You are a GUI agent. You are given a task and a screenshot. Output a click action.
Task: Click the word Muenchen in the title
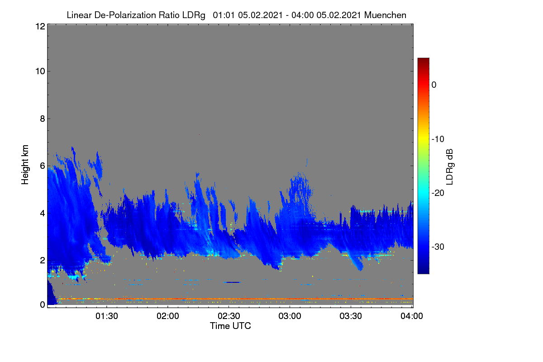[385, 15]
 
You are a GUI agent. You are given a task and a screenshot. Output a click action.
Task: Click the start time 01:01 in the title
[224, 15]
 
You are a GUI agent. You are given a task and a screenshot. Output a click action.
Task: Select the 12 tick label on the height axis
[40, 26]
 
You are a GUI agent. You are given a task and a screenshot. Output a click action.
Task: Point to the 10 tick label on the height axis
[40, 71]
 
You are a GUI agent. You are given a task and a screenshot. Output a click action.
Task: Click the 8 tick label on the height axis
[43, 119]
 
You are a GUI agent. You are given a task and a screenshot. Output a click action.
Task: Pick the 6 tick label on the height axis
[43, 166]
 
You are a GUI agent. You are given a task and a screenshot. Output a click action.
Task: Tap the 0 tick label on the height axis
[43, 305]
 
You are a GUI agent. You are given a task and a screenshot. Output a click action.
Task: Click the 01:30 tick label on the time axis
[107, 316]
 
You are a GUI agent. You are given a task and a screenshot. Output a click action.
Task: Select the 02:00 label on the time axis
[168, 316]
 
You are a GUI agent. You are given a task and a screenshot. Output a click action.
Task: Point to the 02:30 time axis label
[229, 316]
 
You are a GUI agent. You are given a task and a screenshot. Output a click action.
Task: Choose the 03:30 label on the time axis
[351, 316]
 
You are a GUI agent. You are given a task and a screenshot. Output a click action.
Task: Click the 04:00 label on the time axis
[412, 316]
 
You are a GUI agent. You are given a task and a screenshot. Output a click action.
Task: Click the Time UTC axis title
[230, 326]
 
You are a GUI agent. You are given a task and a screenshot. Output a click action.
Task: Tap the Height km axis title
[25, 165]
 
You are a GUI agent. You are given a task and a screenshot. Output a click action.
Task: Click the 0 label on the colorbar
[434, 85]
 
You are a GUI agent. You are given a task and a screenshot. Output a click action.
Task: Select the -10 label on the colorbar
[438, 139]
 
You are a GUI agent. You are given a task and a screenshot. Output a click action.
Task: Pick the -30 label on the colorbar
[438, 247]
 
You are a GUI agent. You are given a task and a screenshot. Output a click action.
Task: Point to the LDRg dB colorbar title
[450, 167]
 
